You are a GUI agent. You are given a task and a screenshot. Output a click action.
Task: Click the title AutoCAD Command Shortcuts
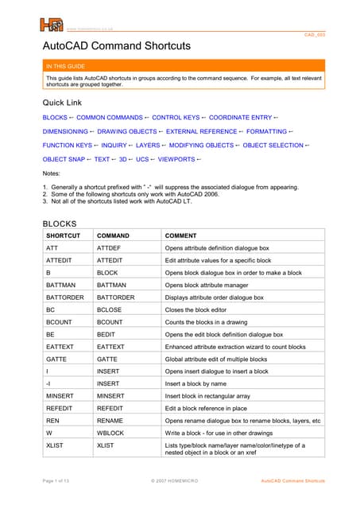pyautogui.click(x=116, y=46)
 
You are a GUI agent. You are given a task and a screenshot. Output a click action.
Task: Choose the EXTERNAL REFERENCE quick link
pyautogui.click(x=201, y=131)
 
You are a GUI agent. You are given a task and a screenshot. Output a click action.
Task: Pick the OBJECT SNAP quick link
pyautogui.click(x=64, y=160)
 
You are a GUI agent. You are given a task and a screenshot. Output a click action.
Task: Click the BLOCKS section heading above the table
pyautogui.click(x=60, y=223)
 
